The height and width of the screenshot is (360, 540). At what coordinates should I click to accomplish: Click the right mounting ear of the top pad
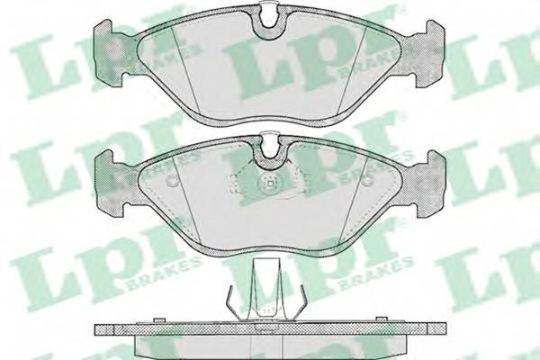(431, 52)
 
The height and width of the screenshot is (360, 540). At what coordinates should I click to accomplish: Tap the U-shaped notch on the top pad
(270, 21)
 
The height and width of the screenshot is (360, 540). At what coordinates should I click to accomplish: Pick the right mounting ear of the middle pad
(431, 184)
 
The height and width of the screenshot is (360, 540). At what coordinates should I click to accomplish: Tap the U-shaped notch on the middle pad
(270, 152)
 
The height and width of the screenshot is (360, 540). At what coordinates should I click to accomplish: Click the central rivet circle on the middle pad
(270, 184)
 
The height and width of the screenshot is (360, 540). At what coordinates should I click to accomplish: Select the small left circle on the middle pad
(171, 181)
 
